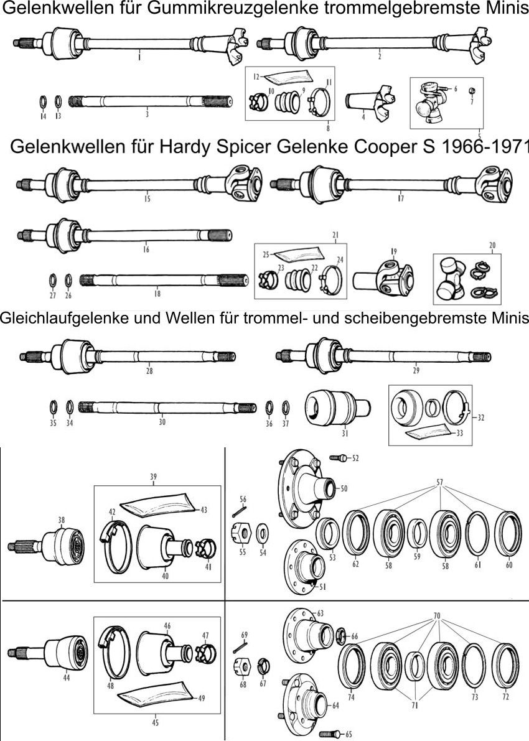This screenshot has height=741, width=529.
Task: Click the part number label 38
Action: pos(61,520)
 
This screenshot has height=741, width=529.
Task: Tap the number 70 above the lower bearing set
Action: pos(438,615)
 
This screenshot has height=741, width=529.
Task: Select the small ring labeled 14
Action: pos(44,101)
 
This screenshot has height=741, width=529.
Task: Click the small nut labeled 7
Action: pos(471,92)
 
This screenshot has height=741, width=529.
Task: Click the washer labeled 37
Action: pos(286,408)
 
